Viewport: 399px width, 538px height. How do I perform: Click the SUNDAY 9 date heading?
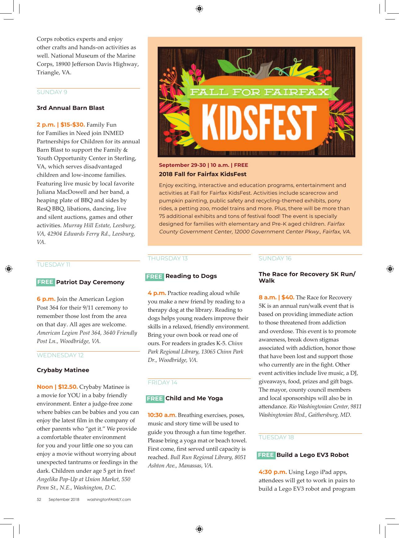point(52,92)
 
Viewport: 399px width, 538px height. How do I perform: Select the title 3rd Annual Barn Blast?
point(70,108)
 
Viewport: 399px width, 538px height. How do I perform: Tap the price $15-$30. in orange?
point(72,125)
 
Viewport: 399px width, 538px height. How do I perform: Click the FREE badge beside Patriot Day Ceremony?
point(45,282)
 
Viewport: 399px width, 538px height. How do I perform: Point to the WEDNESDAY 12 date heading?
point(60,355)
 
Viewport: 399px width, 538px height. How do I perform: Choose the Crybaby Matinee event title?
point(63,370)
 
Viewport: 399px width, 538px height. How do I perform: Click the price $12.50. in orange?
point(68,387)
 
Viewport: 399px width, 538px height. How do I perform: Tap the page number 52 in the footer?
point(39,499)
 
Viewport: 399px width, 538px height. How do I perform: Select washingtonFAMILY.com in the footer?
point(109,499)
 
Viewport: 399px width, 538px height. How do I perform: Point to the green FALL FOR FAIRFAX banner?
point(259,92)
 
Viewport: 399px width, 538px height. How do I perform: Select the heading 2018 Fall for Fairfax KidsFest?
point(203,174)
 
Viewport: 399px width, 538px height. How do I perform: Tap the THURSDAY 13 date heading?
point(168,258)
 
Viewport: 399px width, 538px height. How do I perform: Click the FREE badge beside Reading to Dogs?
point(154,276)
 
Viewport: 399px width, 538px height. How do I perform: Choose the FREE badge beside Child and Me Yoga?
point(155,399)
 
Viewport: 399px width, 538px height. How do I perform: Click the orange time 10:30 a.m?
point(161,415)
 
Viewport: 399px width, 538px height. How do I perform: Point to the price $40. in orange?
point(288,297)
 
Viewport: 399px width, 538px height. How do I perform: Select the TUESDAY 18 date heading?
point(276,437)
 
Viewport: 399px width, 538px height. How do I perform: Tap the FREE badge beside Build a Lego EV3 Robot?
point(266,455)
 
